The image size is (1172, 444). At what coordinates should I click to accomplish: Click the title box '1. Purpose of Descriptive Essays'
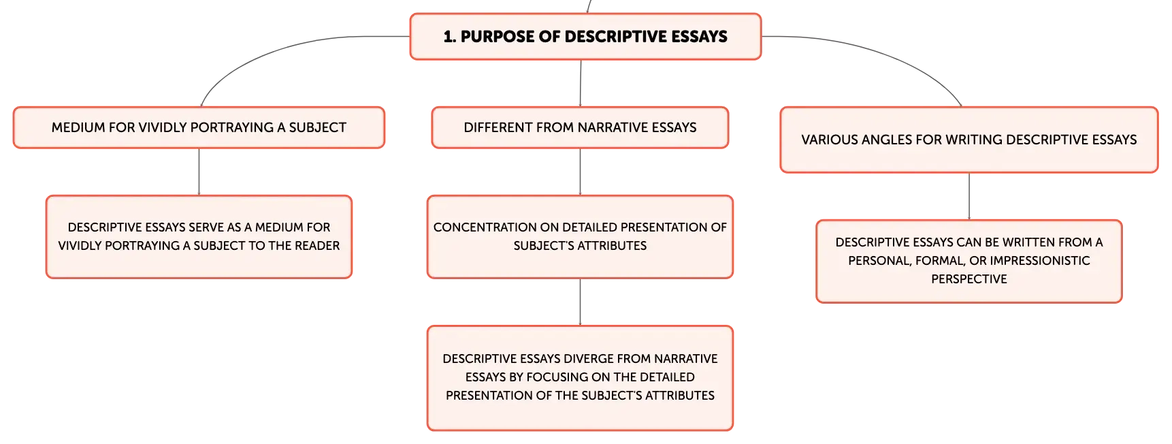pos(585,37)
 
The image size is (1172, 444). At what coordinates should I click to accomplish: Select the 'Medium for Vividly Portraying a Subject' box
pos(199,127)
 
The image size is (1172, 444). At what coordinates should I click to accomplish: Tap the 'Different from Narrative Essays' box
pos(580,127)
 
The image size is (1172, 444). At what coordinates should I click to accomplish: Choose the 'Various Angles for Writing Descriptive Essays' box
pos(969,140)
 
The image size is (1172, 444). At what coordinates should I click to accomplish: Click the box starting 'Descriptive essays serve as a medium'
pos(199,237)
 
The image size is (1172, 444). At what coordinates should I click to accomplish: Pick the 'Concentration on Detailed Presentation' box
pos(580,237)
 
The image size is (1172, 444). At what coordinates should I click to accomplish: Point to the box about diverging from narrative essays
pos(580,378)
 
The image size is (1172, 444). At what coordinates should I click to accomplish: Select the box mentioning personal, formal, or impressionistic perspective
pos(969,261)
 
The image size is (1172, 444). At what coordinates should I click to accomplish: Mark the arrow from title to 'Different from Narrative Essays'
pos(581,83)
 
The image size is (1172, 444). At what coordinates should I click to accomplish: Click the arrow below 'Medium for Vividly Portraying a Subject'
pos(199,172)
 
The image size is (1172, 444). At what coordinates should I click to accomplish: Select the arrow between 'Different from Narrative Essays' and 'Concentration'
pos(580,172)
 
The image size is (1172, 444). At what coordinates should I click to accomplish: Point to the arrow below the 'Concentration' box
pos(580,302)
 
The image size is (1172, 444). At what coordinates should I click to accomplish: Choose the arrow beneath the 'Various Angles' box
pos(969,196)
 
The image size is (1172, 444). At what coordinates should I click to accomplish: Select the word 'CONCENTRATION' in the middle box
pos(485,227)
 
